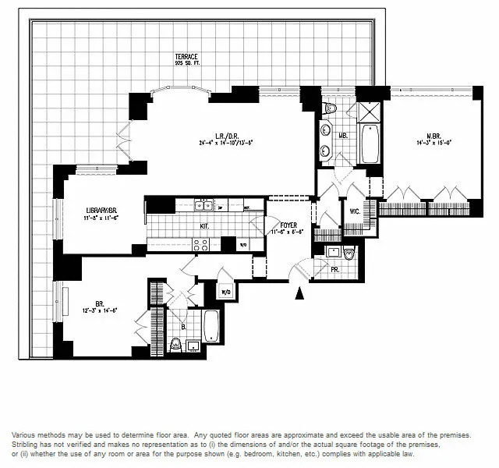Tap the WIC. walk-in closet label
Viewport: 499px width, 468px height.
pos(354,211)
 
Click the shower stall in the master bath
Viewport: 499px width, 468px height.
pos(368,108)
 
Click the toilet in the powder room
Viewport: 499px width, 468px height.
pos(349,253)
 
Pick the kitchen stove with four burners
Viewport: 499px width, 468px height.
pos(200,243)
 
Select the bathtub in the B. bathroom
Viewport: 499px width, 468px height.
pos(211,325)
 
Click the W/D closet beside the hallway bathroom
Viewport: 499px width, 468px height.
pos(227,293)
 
